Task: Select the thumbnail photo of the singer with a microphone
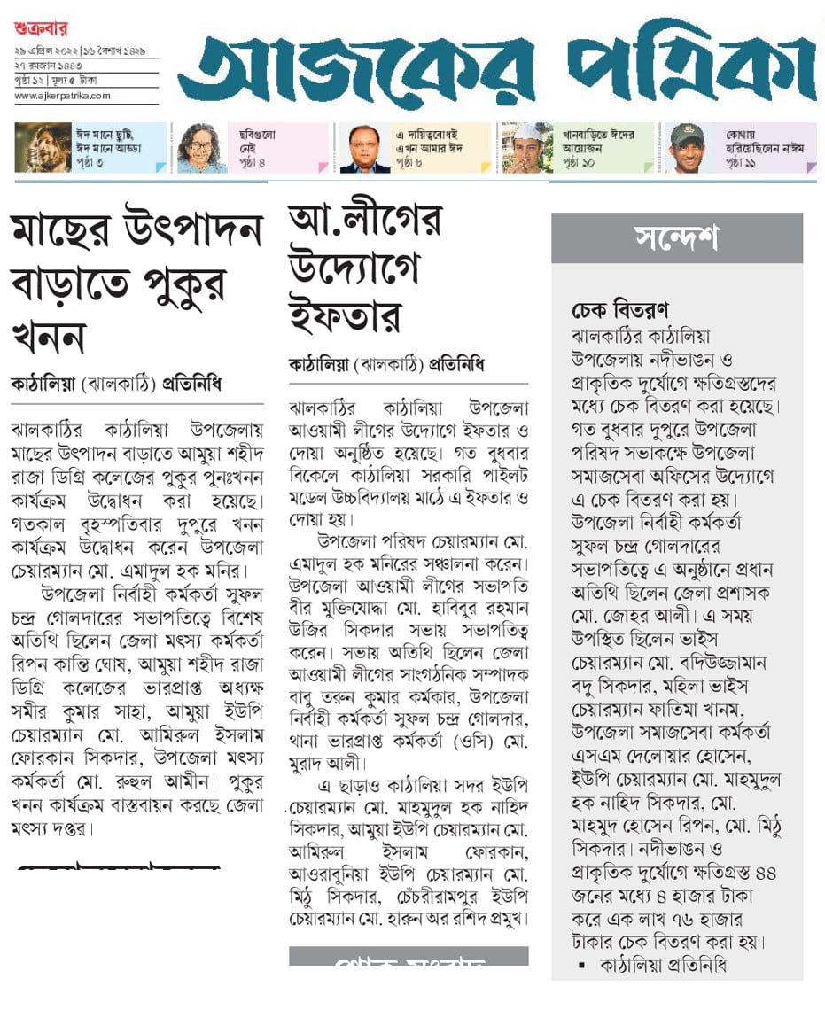42,147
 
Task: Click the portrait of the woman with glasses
202,148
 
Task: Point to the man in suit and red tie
364,148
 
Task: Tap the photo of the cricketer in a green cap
689,148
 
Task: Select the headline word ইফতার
345,316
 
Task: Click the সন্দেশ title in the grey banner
676,237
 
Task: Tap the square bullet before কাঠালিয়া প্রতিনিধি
581,963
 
